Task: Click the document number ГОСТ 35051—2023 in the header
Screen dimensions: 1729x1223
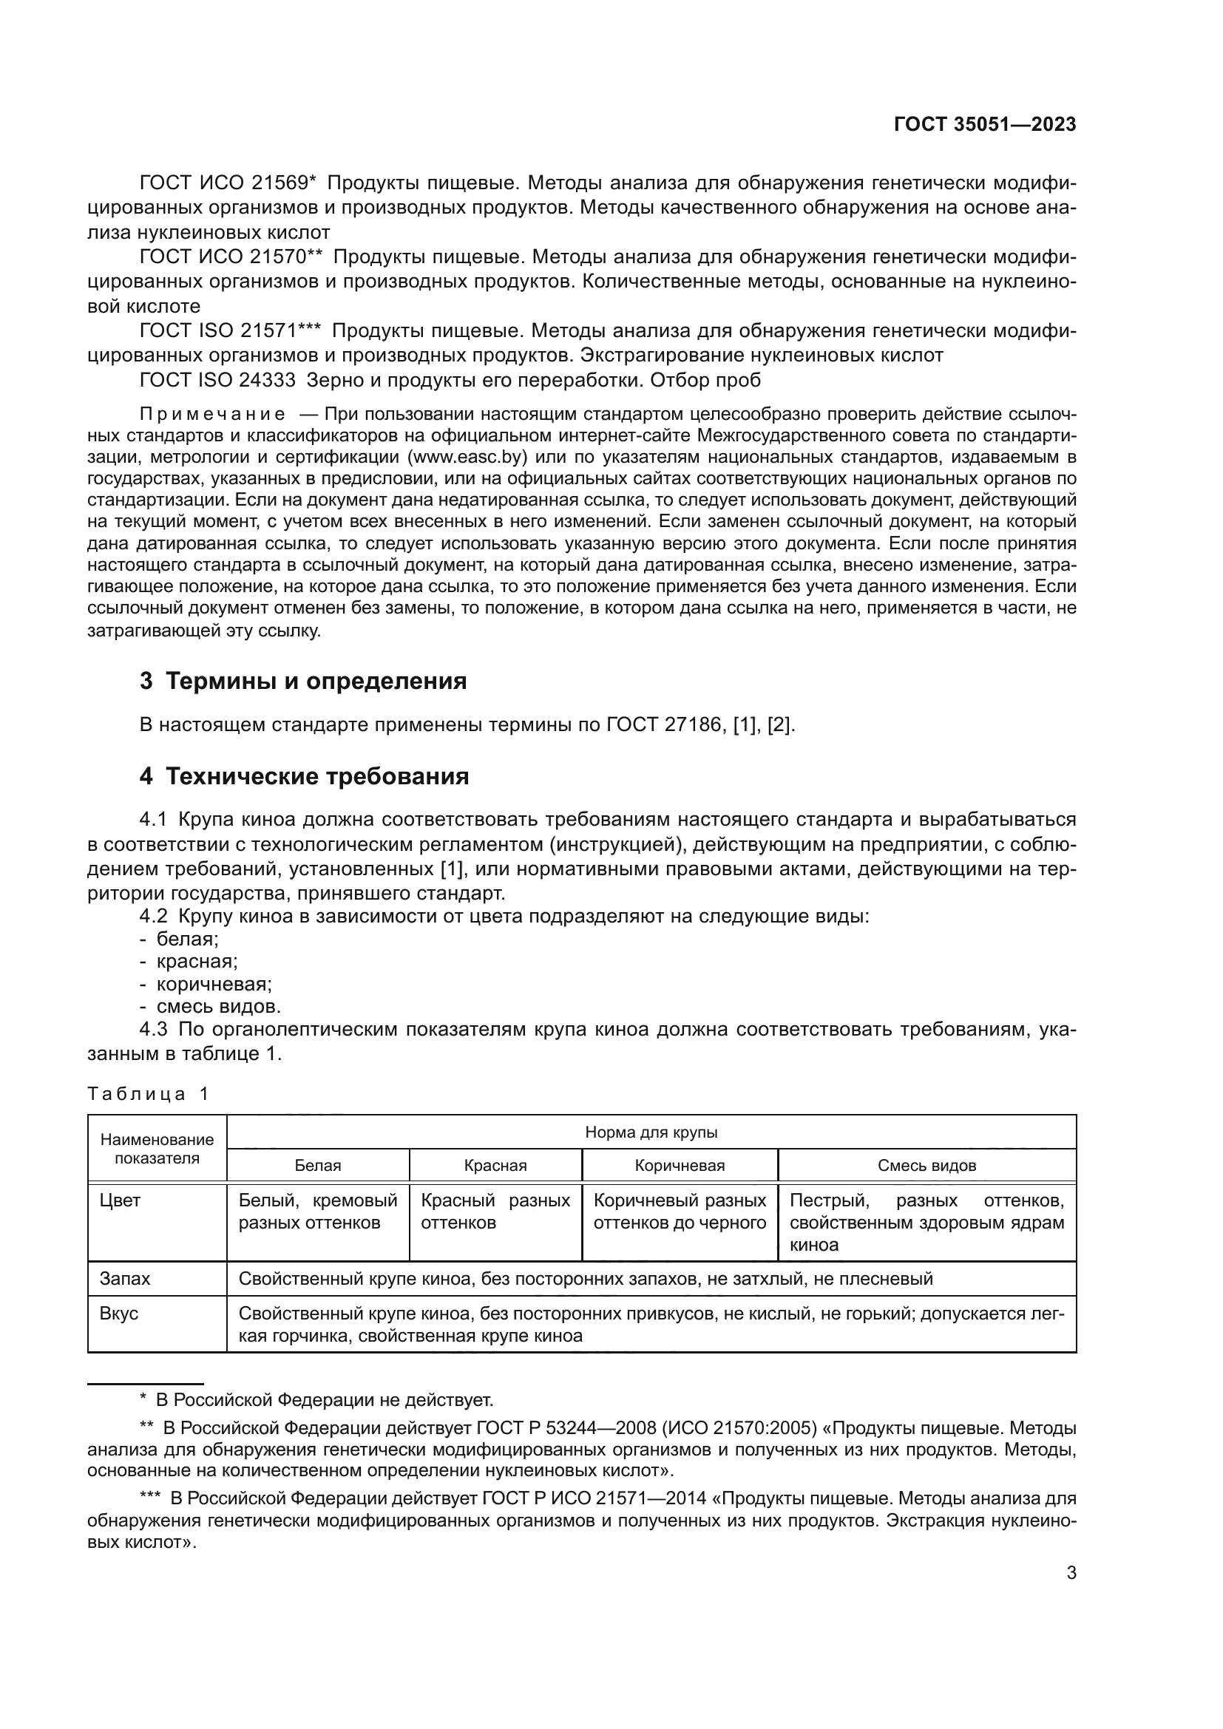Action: click(x=984, y=125)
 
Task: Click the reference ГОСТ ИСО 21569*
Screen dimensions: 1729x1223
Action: click(x=228, y=183)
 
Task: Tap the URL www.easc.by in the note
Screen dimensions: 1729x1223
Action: click(x=467, y=457)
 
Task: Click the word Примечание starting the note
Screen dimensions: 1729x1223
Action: click(x=212, y=414)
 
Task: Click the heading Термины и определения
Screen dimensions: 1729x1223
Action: click(x=316, y=681)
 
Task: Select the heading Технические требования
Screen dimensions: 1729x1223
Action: click(x=316, y=776)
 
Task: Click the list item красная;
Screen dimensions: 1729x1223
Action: click(x=197, y=962)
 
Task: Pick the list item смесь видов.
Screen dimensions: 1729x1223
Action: click(x=218, y=1006)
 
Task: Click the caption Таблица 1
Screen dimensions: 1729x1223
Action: click(x=149, y=1093)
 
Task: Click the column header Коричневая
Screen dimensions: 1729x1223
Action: click(x=680, y=1166)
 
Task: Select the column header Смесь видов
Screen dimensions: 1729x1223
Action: click(x=926, y=1166)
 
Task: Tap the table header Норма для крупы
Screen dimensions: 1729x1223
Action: click(x=651, y=1132)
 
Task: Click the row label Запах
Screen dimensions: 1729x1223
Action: click(x=125, y=1279)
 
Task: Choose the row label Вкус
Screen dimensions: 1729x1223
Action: click(x=119, y=1314)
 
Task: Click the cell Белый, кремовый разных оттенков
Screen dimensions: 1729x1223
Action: click(x=317, y=1212)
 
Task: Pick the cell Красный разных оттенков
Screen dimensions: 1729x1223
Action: click(x=495, y=1212)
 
